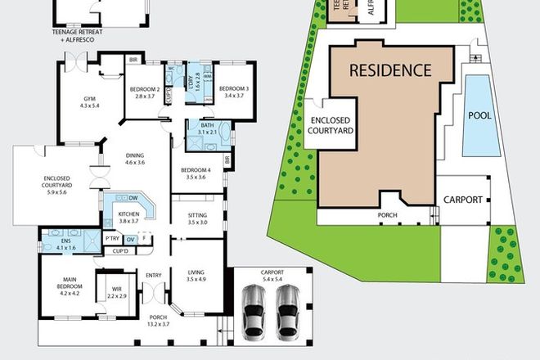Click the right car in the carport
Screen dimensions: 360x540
pos(287,314)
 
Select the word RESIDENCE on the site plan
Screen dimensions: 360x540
pos(389,70)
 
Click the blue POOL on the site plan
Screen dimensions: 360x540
pos(479,115)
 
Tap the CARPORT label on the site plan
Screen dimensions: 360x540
pos(464,200)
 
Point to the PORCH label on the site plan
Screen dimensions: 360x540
pos(387,216)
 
